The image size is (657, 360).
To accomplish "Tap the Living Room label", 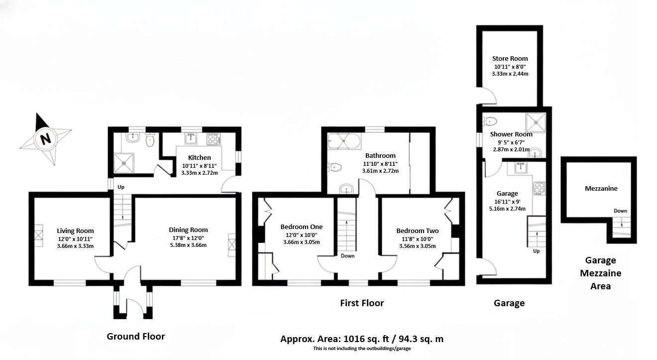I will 75,231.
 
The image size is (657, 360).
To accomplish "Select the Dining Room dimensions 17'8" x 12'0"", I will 188,238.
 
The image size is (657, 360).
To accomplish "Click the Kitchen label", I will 199,158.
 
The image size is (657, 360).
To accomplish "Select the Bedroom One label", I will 301,227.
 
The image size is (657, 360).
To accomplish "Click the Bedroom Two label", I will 417,231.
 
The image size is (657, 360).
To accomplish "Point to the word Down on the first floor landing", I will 347,256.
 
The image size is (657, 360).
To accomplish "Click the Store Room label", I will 510,58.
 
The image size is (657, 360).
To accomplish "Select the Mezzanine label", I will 601,188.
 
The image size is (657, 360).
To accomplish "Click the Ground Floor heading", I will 135,336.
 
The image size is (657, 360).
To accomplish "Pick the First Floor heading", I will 362,303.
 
